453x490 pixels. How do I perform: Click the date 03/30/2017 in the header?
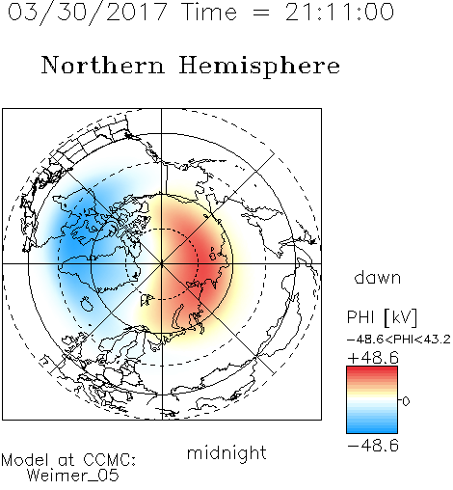pyautogui.click(x=88, y=13)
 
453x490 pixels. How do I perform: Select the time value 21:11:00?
pyautogui.click(x=339, y=12)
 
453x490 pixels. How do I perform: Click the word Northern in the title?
pyautogui.click(x=103, y=66)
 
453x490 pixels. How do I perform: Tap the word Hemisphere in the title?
pyautogui.click(x=259, y=66)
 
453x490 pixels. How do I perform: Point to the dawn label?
pyautogui.click(x=378, y=277)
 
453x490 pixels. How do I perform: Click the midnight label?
pyautogui.click(x=226, y=453)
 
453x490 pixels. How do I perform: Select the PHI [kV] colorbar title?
pyautogui.click(x=382, y=317)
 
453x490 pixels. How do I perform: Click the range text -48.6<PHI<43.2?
pyautogui.click(x=399, y=340)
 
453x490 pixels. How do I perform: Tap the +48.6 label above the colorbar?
pyautogui.click(x=373, y=358)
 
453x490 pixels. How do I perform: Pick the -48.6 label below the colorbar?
pyautogui.click(x=373, y=446)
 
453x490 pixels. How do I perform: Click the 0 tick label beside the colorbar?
pyautogui.click(x=406, y=401)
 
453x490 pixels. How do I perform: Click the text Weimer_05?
pyautogui.click(x=73, y=476)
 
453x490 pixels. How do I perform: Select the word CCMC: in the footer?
pyautogui.click(x=109, y=460)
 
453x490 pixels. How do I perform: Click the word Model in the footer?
pyautogui.click(x=25, y=460)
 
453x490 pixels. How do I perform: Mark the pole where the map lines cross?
pyautogui.click(x=162, y=263)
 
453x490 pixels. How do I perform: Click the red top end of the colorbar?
pyautogui.click(x=372, y=368)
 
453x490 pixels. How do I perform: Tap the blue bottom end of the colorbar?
pyautogui.click(x=372, y=431)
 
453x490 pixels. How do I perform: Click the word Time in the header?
pyautogui.click(x=209, y=12)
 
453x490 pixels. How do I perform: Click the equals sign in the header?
pyautogui.click(x=261, y=13)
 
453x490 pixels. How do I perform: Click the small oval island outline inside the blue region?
pyautogui.click(x=86, y=304)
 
